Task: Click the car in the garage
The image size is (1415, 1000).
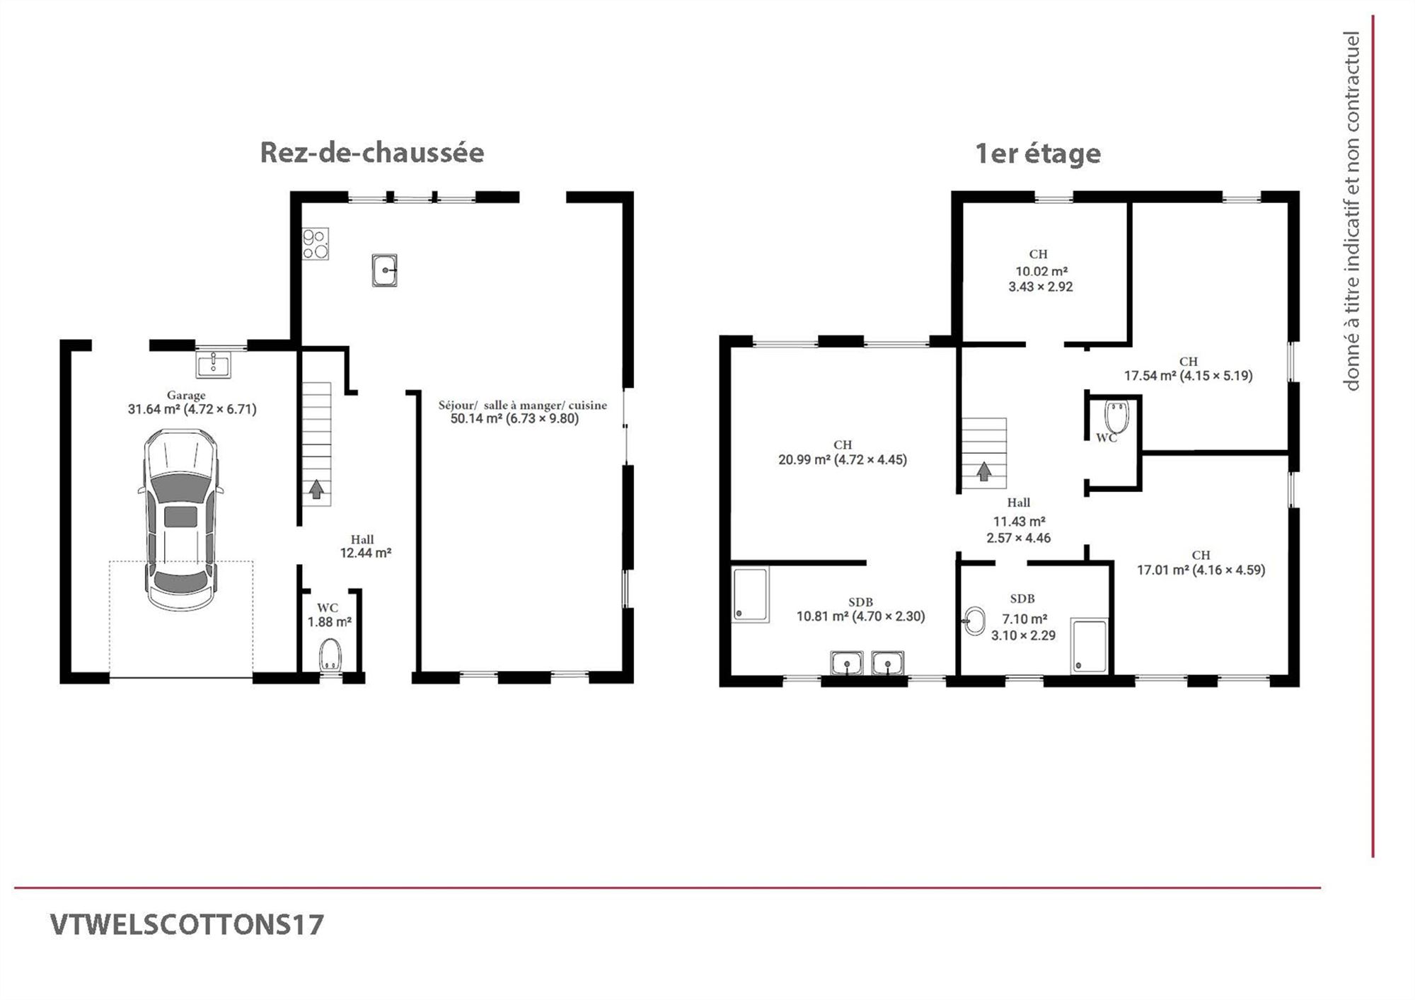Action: tap(180, 520)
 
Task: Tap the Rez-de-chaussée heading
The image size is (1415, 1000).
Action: tap(372, 153)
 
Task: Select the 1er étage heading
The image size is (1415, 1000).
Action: tap(1038, 154)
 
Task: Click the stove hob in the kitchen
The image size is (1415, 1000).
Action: tap(316, 243)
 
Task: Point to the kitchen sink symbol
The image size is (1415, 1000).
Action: tap(384, 270)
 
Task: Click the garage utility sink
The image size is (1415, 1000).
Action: tap(213, 365)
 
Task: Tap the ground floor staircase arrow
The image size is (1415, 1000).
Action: tap(316, 489)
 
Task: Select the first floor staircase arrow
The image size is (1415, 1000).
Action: tap(983, 471)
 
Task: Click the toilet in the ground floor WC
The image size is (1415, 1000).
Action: tap(330, 655)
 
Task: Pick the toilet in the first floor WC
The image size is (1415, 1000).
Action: tap(1116, 416)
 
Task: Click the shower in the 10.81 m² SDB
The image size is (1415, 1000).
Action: tap(750, 595)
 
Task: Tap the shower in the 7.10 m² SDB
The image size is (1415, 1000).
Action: tap(1089, 645)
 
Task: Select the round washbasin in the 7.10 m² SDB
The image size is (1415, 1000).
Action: tap(975, 621)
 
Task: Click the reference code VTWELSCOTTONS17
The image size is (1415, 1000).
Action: tap(187, 924)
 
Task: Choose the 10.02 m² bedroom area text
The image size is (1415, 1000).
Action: tap(1041, 270)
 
